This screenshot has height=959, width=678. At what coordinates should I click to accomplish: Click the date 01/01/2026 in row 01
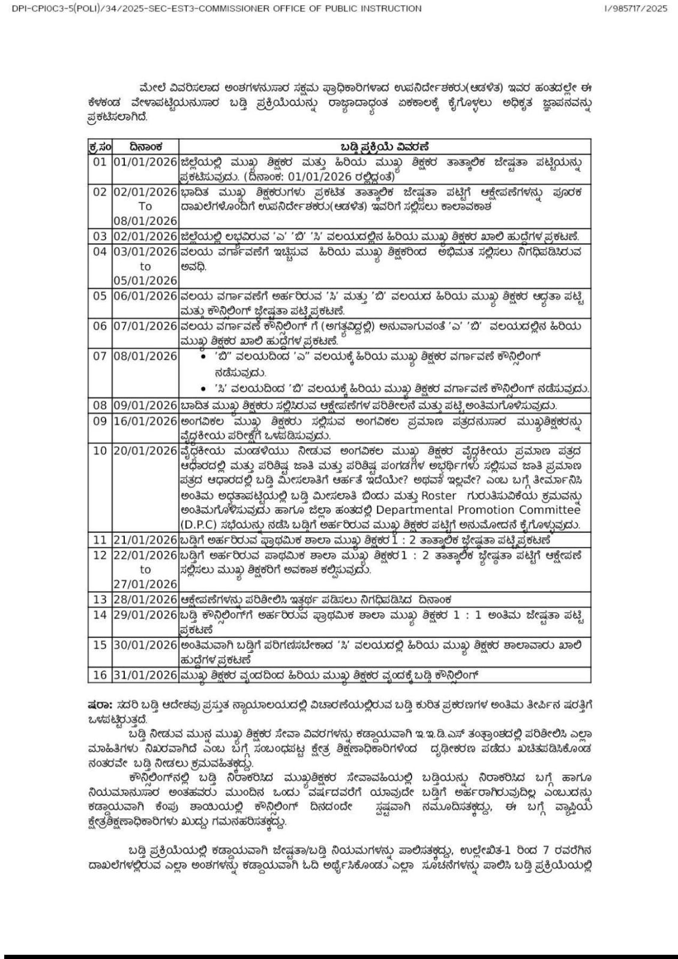pyautogui.click(x=145, y=162)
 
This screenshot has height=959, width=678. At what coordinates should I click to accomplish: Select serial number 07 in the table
pyautogui.click(x=100, y=356)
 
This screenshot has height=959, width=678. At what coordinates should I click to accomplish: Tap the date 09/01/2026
pyautogui.click(x=145, y=406)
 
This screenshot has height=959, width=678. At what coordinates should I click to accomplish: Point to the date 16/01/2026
pyautogui.click(x=145, y=421)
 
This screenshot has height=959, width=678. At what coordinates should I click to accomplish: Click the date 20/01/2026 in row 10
pyautogui.click(x=145, y=451)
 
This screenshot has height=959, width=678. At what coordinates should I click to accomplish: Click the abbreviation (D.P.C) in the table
pyautogui.click(x=200, y=525)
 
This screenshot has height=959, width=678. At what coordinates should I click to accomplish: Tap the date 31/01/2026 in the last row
pyautogui.click(x=145, y=675)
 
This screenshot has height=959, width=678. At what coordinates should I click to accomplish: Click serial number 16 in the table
pyautogui.click(x=100, y=675)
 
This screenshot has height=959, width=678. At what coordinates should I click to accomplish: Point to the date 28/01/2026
pyautogui.click(x=145, y=599)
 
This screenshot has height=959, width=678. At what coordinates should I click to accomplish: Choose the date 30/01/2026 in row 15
pyautogui.click(x=145, y=645)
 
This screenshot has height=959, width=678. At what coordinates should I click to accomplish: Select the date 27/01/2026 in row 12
pyautogui.click(x=145, y=584)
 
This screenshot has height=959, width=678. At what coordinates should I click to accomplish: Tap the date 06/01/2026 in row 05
pyautogui.click(x=145, y=296)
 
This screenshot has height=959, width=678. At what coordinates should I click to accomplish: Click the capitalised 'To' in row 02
pyautogui.click(x=145, y=206)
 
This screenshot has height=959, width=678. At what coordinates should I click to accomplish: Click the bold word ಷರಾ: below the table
pyautogui.click(x=97, y=701)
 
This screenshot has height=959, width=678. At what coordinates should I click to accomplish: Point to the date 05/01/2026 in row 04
pyautogui.click(x=145, y=281)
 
